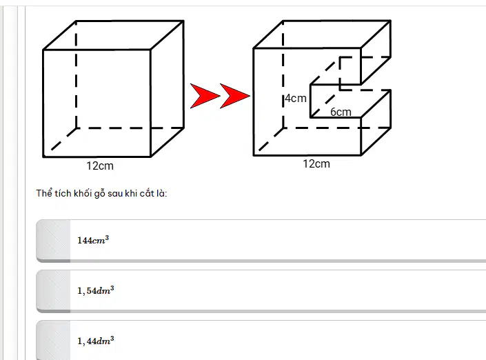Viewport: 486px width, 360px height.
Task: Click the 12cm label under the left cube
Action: [x=100, y=166]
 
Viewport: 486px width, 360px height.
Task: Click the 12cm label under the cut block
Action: [x=316, y=163]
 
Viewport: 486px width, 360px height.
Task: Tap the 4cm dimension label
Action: [x=296, y=99]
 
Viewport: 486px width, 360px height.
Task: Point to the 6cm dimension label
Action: [x=341, y=112]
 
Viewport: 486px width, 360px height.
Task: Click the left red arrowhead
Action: [x=205, y=96]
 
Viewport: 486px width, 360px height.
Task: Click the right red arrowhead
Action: [x=234, y=96]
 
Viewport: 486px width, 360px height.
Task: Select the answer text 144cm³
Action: [x=93, y=240]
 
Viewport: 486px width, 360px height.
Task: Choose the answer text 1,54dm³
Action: [x=95, y=290]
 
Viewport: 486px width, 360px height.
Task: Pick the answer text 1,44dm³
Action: [x=95, y=341]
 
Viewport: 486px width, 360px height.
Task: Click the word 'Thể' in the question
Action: [x=44, y=193]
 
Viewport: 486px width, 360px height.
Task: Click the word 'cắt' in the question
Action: [x=147, y=193]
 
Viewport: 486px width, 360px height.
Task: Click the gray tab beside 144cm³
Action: [x=53, y=241]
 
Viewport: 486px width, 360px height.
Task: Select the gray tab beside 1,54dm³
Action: [x=53, y=291]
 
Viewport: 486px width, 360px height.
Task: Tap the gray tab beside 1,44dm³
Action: [x=53, y=340]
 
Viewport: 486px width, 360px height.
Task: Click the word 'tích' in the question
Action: [x=63, y=193]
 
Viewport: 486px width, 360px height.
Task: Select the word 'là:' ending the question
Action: [x=161, y=193]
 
